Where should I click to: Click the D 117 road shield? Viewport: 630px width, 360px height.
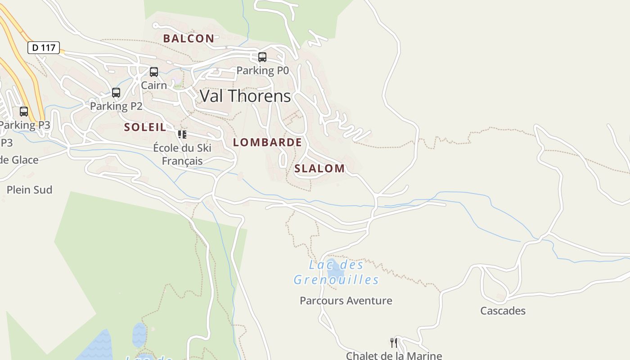(x=44, y=47)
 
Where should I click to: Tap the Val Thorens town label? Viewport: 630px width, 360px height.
(x=245, y=96)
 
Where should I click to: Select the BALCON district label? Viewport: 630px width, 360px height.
(x=189, y=39)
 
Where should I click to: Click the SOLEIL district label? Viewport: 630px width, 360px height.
(x=145, y=127)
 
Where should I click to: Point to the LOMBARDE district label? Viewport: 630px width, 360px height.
(x=267, y=143)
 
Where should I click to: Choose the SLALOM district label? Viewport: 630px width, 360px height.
(x=319, y=169)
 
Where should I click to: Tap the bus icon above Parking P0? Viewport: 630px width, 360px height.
(x=262, y=57)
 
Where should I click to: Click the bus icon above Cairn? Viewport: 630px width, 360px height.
(x=154, y=72)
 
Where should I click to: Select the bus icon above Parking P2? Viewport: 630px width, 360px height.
(x=116, y=93)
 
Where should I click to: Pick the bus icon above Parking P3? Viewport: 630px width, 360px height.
(x=24, y=112)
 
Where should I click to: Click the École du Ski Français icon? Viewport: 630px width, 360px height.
(x=182, y=134)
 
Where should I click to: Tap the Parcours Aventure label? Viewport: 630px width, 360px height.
(x=346, y=301)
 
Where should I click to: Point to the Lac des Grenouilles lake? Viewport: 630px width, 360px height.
(x=335, y=271)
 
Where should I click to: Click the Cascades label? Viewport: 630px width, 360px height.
(x=503, y=311)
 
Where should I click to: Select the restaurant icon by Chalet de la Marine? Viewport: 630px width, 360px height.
(x=394, y=343)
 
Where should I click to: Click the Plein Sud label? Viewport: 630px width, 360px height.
(x=29, y=190)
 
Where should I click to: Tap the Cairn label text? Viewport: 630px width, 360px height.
(x=154, y=85)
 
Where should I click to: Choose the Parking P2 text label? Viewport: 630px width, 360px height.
(x=116, y=106)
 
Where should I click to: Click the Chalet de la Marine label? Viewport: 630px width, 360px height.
(x=394, y=355)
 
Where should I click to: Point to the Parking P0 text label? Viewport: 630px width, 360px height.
(x=262, y=71)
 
